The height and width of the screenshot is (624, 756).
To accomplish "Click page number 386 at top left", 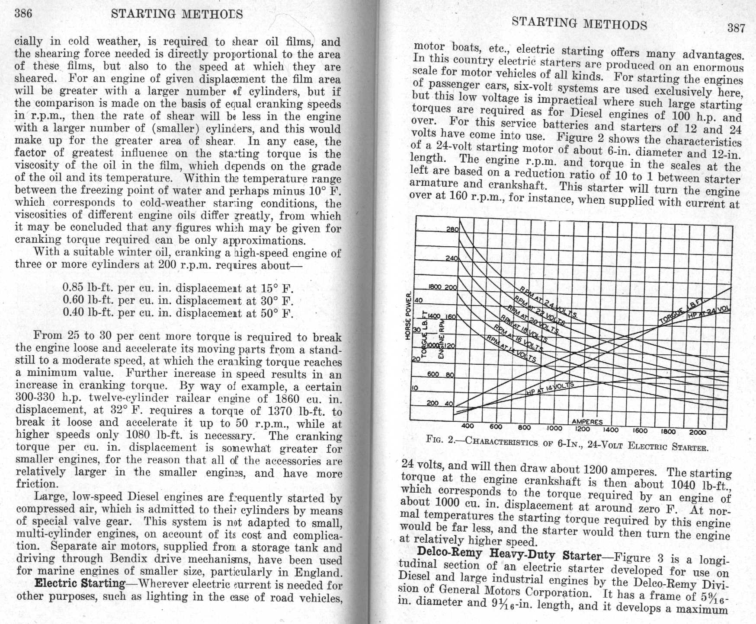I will pyautogui.click(x=23, y=13).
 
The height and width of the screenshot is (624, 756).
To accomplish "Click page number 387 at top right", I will pyautogui.click(x=736, y=29).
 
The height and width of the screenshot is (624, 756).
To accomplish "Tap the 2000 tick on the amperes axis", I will pyautogui.click(x=697, y=432).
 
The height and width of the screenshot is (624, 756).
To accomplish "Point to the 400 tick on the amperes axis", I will pyautogui.click(x=468, y=426).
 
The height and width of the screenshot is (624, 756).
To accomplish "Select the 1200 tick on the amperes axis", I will pyautogui.click(x=583, y=429).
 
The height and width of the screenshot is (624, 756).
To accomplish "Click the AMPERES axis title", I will pyautogui.click(x=587, y=422).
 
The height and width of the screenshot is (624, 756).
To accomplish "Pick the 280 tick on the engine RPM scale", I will pyautogui.click(x=452, y=230).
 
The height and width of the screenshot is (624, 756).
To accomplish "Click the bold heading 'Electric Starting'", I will pyautogui.click(x=80, y=583).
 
